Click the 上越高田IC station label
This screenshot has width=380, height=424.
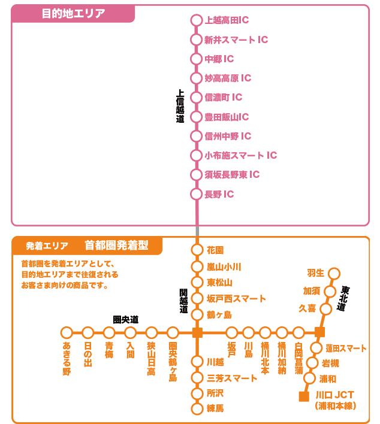click(227, 20)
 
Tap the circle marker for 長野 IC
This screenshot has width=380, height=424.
click(196, 194)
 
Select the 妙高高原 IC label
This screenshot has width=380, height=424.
click(228, 78)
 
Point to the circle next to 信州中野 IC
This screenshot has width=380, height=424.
click(196, 136)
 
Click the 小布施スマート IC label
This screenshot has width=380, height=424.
click(240, 156)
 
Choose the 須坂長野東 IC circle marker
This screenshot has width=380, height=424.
click(196, 175)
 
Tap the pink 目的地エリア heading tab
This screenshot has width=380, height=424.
click(73, 13)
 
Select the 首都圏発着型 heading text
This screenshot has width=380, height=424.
click(115, 245)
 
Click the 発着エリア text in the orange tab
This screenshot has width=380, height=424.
click(47, 246)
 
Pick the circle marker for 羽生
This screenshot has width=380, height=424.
click(334, 274)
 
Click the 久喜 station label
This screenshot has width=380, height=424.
click(307, 308)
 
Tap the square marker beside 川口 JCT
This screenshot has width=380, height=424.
click(303, 396)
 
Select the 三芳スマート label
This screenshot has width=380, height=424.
click(232, 378)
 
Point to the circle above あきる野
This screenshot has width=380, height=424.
click(67, 332)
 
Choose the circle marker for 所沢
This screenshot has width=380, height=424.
click(197, 393)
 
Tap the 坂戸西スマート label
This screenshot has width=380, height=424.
click(236, 298)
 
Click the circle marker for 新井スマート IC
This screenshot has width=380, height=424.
click(196, 40)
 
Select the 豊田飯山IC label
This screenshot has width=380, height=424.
click(227, 117)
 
